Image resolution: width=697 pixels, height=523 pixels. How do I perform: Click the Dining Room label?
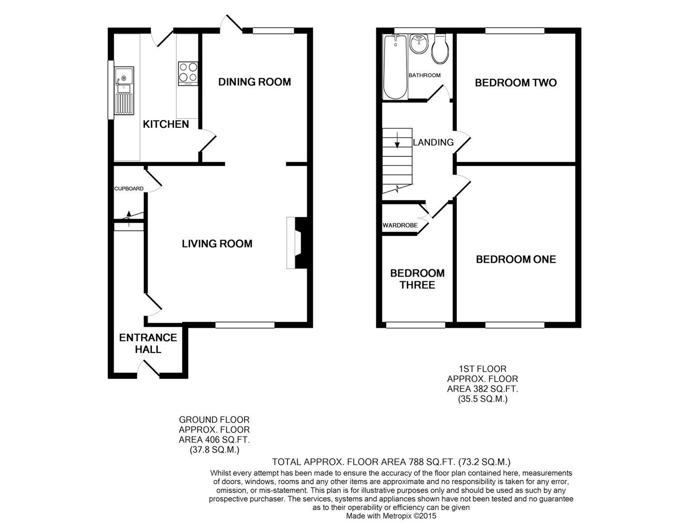click(255, 82)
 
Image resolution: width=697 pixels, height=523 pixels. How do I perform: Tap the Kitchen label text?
click(166, 124)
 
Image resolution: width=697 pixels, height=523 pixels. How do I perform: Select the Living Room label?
click(217, 244)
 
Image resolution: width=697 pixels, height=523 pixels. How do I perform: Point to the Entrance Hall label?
click(148, 343)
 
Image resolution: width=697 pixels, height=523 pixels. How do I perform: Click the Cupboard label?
click(129, 188)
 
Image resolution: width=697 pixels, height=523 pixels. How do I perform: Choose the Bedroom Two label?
click(515, 83)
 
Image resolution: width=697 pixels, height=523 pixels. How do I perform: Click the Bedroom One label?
click(516, 260)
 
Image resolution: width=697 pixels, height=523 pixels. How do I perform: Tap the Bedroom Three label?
click(417, 279)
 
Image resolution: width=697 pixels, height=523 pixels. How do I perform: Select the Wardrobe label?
click(400, 225)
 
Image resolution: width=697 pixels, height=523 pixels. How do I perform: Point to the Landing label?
click(433, 142)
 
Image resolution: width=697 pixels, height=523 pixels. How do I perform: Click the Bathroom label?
click(424, 75)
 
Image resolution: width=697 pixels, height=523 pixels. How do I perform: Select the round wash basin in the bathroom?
click(419, 45)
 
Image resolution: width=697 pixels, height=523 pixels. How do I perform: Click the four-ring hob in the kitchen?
click(187, 74)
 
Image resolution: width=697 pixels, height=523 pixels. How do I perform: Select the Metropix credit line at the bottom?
click(391, 516)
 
